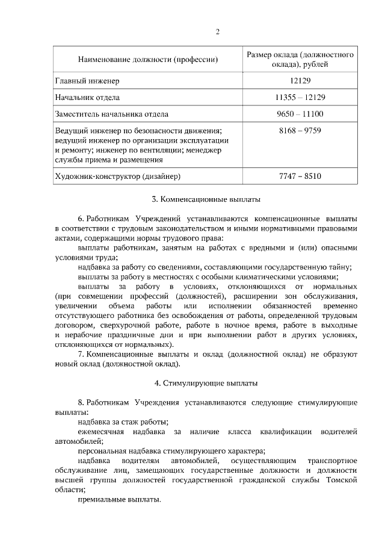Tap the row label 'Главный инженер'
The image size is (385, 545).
pos(88,80)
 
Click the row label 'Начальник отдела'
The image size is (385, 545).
pos(87,97)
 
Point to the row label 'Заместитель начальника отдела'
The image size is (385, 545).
pos(112,114)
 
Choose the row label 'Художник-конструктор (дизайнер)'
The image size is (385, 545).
pos(118,176)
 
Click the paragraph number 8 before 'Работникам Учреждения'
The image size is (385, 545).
pos(81,401)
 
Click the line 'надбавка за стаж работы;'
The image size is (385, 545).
pos(123,422)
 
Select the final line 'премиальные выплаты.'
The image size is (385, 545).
pos(119,500)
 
